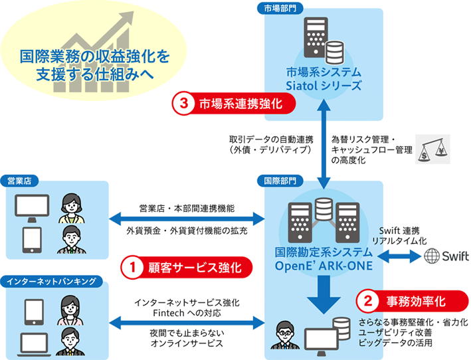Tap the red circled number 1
132,268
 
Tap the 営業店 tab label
21,179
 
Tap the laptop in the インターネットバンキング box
33,339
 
